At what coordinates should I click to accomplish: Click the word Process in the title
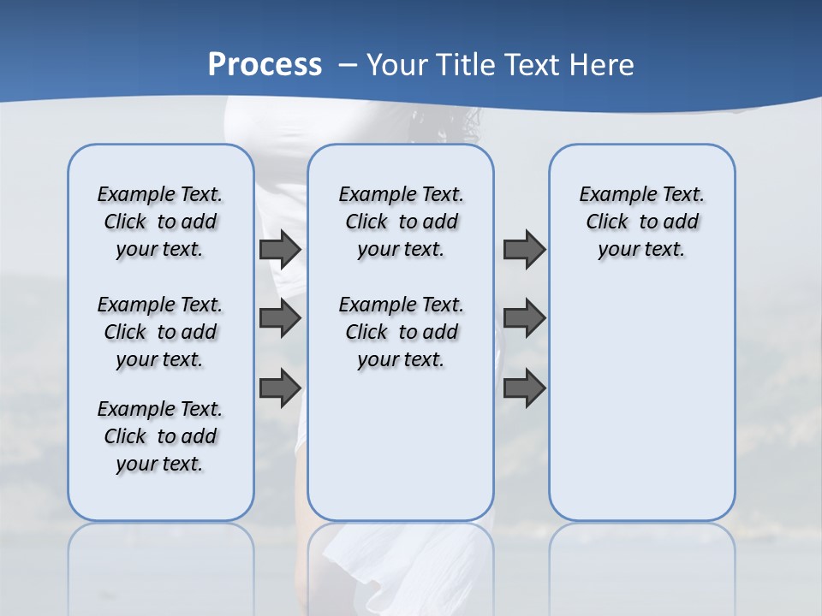coord(265,64)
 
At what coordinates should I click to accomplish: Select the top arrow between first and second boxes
coord(280,249)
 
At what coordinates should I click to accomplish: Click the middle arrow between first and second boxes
coord(280,318)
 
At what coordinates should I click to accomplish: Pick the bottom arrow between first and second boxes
coord(280,388)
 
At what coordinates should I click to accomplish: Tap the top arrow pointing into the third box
coord(524,249)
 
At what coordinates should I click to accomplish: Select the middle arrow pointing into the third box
coord(524,318)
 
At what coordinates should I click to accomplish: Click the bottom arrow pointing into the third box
coord(524,388)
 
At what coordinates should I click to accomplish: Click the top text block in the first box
coord(160,222)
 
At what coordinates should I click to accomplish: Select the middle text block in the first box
coord(160,332)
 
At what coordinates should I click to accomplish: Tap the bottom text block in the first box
coord(160,436)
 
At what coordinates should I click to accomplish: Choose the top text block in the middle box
coord(401,222)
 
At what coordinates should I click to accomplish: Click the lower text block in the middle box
coord(401,332)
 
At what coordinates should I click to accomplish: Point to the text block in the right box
coord(641,222)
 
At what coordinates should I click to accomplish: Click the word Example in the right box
coord(611,195)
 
